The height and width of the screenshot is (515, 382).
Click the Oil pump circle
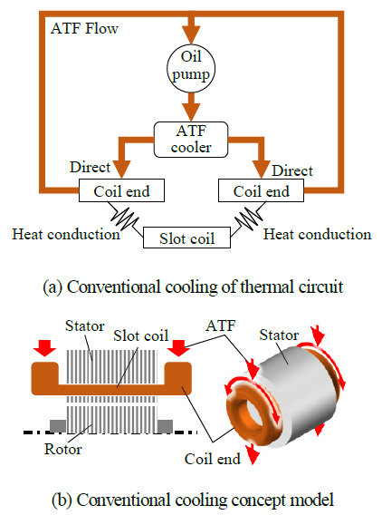(191, 68)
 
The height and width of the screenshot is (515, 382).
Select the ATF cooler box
(191, 140)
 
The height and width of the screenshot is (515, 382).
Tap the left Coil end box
(121, 190)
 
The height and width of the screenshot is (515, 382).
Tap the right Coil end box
(261, 190)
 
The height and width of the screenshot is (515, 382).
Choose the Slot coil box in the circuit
(186, 238)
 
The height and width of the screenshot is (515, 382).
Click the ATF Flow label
(84, 28)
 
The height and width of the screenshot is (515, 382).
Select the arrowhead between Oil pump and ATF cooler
(191, 112)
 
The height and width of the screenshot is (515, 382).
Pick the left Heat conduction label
(66, 235)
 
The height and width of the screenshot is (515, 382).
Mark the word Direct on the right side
(292, 170)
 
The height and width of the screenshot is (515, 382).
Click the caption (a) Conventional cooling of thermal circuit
(193, 287)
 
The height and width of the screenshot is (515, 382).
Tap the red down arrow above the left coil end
(45, 348)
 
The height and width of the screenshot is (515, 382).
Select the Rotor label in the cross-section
(63, 449)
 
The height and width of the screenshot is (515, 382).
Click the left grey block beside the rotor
(58, 426)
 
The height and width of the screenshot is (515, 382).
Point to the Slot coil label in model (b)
(140, 335)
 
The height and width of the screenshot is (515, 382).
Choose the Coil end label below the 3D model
(212, 459)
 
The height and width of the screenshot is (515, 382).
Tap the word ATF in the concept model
(221, 326)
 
